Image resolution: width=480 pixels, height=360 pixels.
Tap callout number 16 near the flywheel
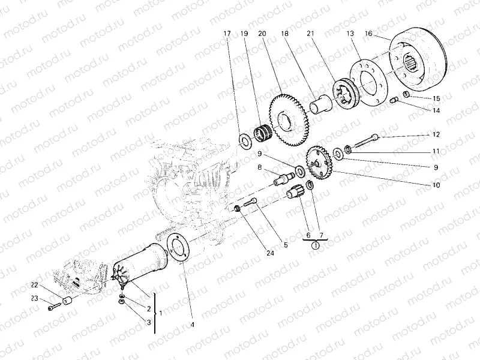pyautogui.click(x=368, y=35)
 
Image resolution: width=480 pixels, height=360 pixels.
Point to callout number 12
pyautogui.click(x=436, y=134)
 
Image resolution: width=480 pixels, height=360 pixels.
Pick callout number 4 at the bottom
pyautogui.click(x=193, y=325)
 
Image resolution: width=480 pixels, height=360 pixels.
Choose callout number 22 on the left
pyautogui.click(x=34, y=284)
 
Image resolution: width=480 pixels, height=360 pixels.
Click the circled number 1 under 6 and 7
pyautogui.click(x=315, y=245)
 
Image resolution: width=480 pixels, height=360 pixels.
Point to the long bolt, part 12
pyautogui.click(x=364, y=142)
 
